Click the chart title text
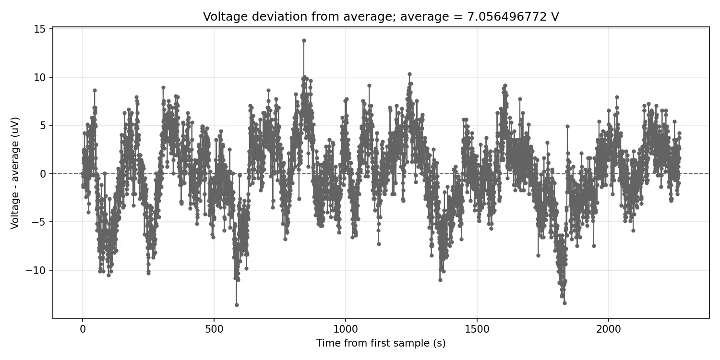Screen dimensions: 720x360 [381, 16]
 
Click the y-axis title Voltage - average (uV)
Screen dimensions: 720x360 [15, 173]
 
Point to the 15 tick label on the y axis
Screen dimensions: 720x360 [39, 29]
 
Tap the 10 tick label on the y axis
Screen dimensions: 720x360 [39, 77]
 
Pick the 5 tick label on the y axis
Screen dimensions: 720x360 [43, 125]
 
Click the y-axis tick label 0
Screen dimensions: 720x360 [43, 174]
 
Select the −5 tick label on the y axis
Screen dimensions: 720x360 [39, 222]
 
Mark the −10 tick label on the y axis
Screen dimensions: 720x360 [36, 270]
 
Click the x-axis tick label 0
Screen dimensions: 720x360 [83, 329]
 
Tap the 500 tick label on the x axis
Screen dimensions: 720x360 [214, 329]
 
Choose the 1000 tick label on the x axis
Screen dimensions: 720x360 [346, 329]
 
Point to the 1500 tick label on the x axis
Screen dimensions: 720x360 [477, 329]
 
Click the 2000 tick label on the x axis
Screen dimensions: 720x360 [609, 329]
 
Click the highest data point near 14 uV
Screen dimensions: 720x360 [304, 40]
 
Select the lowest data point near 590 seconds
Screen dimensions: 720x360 [237, 305]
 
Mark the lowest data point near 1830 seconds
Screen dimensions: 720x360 [565, 303]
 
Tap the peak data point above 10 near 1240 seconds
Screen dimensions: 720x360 [409, 74]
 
